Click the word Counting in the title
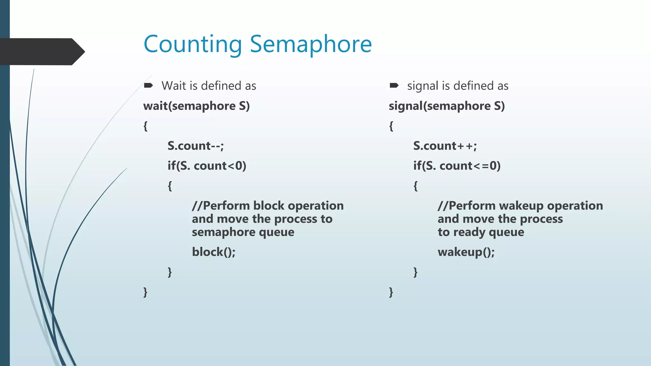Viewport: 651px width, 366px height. (193, 44)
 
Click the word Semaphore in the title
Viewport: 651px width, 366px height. (311, 44)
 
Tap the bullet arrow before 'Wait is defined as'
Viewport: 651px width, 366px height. (148, 85)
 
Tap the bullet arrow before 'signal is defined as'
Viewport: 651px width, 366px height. (394, 85)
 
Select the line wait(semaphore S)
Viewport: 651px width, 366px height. (196, 106)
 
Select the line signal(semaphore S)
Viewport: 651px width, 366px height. (447, 106)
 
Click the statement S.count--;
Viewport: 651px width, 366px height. (196, 146)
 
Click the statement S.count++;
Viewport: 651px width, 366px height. (445, 146)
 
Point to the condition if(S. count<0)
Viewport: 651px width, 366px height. (207, 166)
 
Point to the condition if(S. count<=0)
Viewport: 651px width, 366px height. (457, 166)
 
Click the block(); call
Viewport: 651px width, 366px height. (214, 252)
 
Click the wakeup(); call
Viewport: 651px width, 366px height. (466, 252)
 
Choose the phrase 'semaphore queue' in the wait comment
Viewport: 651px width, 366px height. (243, 232)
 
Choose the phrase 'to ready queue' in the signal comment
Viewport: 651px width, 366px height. (481, 232)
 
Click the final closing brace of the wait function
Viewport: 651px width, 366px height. (145, 292)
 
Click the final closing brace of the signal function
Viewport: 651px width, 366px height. (391, 292)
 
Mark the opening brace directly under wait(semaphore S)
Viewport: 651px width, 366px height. (145, 126)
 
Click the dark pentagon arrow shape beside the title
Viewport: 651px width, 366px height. (41, 52)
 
